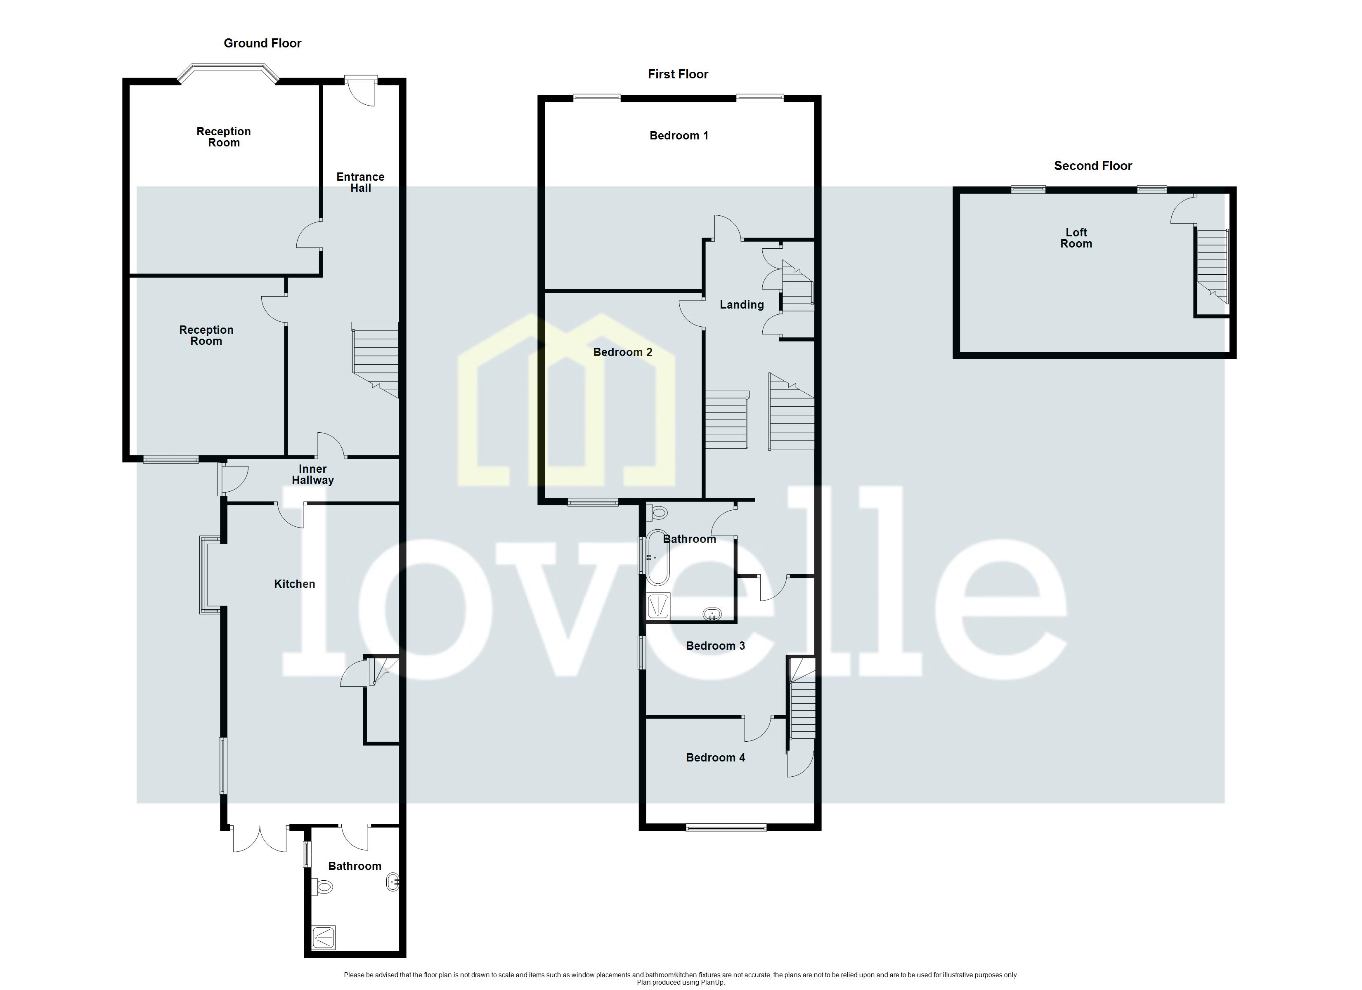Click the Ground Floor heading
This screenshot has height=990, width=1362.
(262, 43)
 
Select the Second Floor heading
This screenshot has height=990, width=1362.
(1092, 166)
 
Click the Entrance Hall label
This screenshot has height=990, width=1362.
(360, 182)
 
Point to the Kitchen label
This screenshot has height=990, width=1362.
(294, 584)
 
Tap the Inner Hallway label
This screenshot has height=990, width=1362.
(312, 474)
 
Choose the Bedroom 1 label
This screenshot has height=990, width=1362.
(679, 136)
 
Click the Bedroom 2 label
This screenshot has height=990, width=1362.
(622, 352)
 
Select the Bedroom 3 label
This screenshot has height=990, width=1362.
(715, 646)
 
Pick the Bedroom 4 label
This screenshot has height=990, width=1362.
(715, 758)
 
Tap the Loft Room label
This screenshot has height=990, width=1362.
(1076, 238)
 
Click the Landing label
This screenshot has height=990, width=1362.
(742, 305)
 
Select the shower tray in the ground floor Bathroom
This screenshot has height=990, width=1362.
(324, 937)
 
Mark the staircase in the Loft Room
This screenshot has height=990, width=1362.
(1212, 267)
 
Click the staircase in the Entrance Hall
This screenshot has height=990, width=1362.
(375, 359)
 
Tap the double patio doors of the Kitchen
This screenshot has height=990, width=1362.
(260, 838)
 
